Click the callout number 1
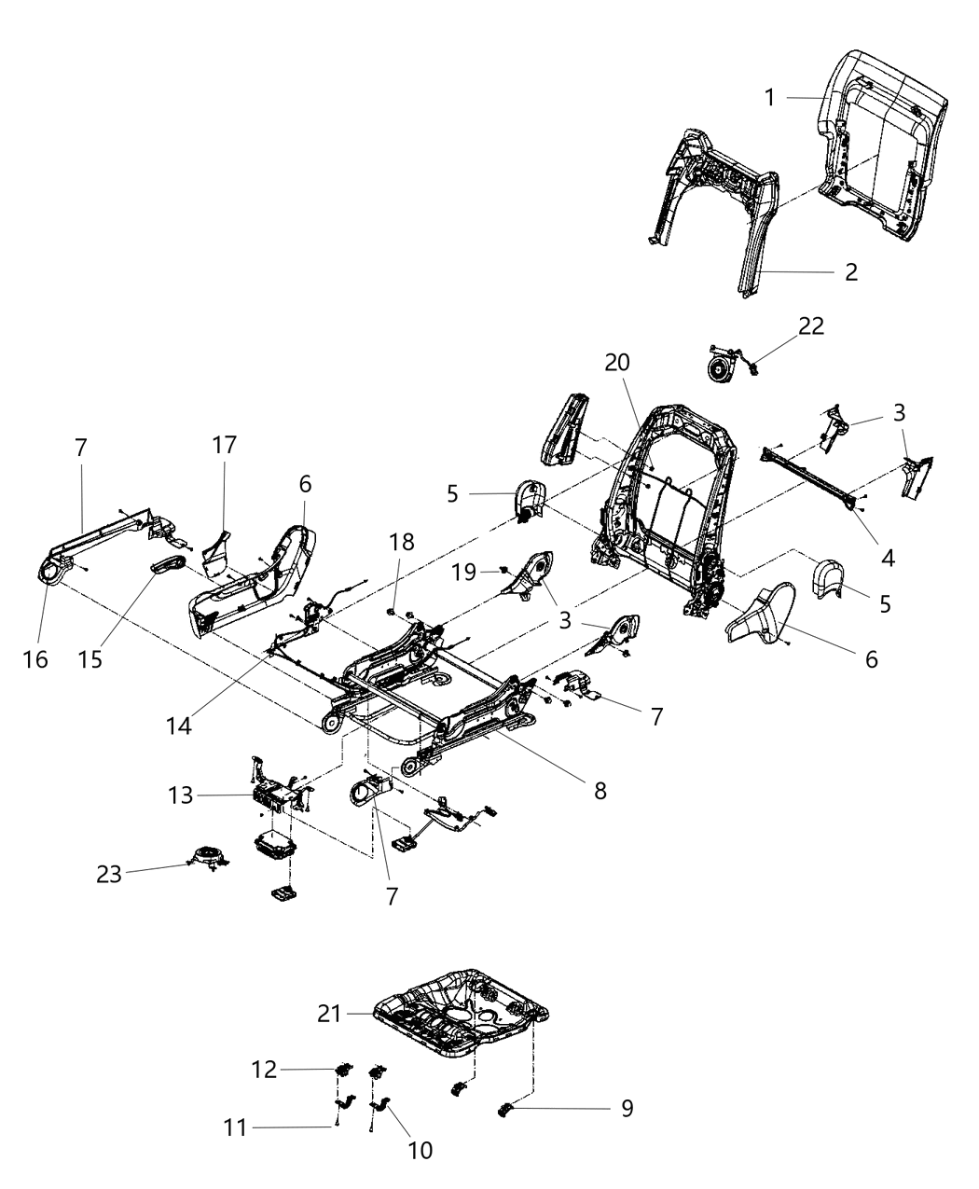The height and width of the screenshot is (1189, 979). pos(769,98)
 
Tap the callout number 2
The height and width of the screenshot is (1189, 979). pos(849,272)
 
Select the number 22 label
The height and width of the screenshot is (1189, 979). pos(810,326)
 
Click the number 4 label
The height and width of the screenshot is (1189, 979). pos(887,558)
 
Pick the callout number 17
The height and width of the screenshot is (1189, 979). pos(223,445)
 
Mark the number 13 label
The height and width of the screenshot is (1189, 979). pos(181,795)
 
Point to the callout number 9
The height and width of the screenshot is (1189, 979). pos(627,1108)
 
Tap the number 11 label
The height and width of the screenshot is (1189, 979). pos(236,1127)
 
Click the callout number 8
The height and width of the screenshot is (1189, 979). pos(600,791)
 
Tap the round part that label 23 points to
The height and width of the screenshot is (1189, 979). pos(206,855)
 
